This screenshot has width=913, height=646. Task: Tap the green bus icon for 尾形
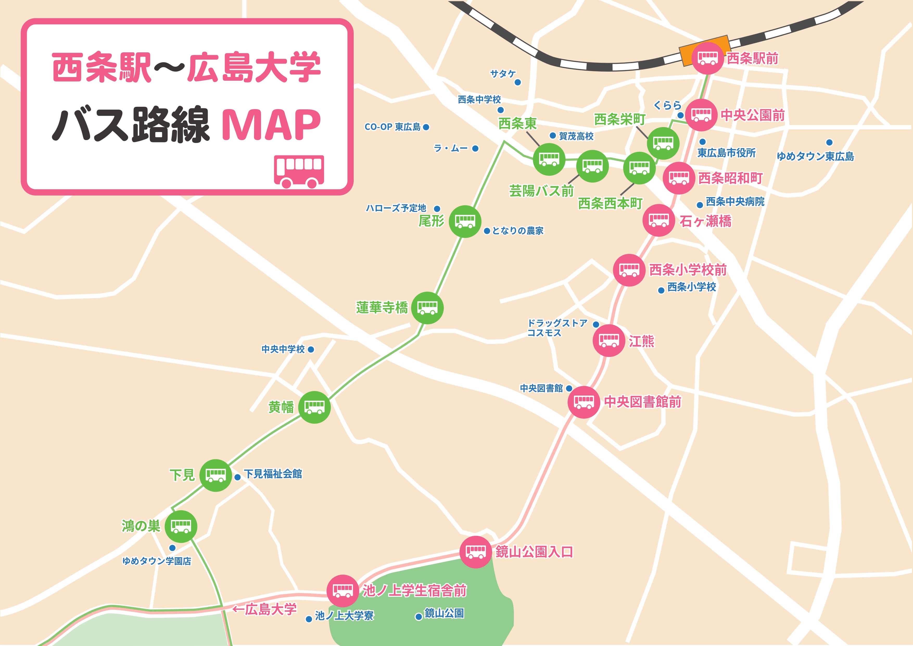pos(465,221)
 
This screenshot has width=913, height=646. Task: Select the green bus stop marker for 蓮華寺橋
pos(427,308)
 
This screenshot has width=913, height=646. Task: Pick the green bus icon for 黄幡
pos(314,407)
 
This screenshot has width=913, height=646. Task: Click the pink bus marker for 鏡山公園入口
pos(475,552)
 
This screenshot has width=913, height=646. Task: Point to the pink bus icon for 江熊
pos(608,340)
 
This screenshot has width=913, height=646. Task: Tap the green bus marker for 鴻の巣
pos(181,526)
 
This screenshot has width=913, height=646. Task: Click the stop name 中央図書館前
pos(643,402)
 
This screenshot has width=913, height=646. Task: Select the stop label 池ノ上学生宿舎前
pos(414,591)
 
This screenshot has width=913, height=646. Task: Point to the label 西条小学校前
pos(688,270)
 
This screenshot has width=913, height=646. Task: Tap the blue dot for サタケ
pos(518,82)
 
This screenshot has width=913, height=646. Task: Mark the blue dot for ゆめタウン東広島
pos(829,142)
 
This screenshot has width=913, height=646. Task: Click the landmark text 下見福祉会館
pos(273,474)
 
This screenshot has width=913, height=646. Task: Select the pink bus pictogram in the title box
pos(299,171)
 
